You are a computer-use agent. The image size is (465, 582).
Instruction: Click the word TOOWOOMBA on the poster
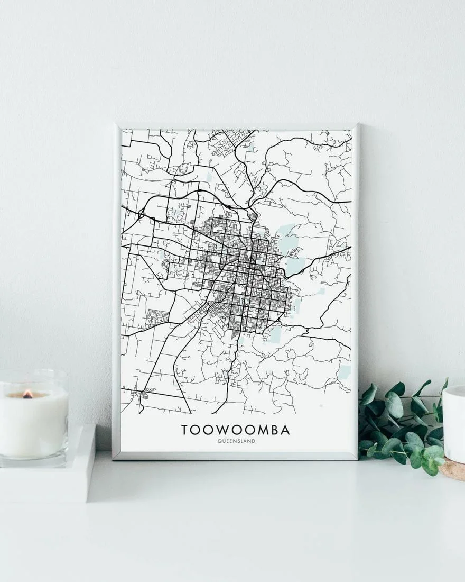[x=236, y=430]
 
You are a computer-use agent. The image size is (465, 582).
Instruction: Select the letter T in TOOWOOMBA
[x=185, y=430]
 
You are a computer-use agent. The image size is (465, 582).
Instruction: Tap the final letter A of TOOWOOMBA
[x=285, y=430]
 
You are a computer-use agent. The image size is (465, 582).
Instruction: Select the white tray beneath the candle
[x=48, y=476]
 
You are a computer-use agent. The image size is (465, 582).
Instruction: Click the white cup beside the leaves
[x=454, y=423]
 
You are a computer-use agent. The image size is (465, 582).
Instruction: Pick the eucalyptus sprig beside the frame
[x=402, y=423]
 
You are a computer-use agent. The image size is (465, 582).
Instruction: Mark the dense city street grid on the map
[x=248, y=275]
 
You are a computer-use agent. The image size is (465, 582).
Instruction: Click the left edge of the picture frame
[x=116, y=291]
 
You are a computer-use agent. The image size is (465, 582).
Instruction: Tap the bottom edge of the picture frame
[x=236, y=456]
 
